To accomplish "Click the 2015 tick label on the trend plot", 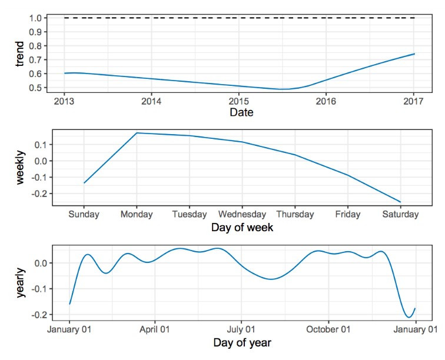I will (238, 101).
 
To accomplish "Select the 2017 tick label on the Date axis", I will (414, 101).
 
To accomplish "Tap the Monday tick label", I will (137, 215).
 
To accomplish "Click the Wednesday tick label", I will (242, 215).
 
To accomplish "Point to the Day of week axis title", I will (242, 226).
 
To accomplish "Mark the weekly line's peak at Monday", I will (137, 133).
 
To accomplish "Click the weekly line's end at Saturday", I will (400, 202).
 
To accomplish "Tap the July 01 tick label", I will (241, 329).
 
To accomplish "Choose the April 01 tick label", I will (155, 329).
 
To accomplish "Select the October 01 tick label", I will (328, 329).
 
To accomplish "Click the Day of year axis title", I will (242, 342).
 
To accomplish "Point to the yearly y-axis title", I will (21, 282).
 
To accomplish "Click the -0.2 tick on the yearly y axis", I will (44, 315).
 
